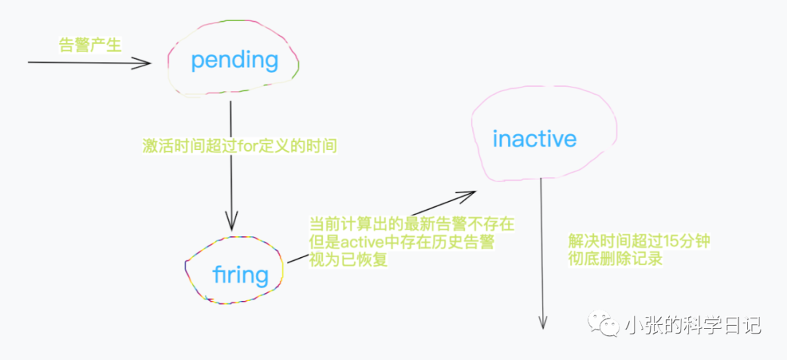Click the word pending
click(x=235, y=60)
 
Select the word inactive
click(x=534, y=138)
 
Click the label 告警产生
click(x=90, y=45)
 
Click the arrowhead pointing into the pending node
click(x=144, y=63)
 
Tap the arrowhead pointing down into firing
click(x=231, y=222)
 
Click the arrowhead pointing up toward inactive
click(x=467, y=195)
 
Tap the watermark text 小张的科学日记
click(x=692, y=326)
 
